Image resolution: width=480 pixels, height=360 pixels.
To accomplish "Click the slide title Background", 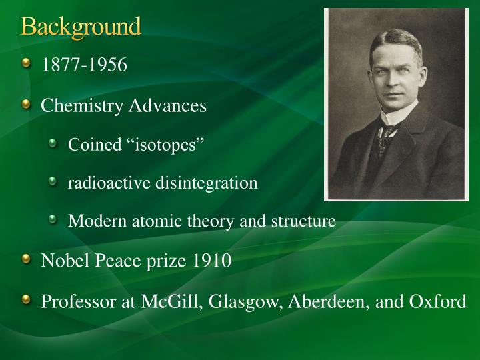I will [81, 27].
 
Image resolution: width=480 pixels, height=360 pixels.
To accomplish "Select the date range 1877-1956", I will [84, 65].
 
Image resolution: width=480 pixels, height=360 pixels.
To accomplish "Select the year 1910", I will [212, 260].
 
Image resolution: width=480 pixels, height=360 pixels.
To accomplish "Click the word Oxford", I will [438, 301].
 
